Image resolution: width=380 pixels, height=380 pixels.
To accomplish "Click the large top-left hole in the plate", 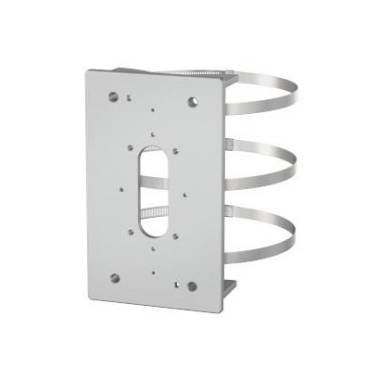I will coord(113,95).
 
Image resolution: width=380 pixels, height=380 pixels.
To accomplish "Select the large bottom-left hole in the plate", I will coord(114,276).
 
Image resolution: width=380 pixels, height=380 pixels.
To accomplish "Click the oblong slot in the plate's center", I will coord(153,189).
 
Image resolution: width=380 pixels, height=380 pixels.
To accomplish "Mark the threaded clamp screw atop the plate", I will coord(186,72).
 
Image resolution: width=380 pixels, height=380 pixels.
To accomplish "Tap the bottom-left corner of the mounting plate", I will coord(93,298).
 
